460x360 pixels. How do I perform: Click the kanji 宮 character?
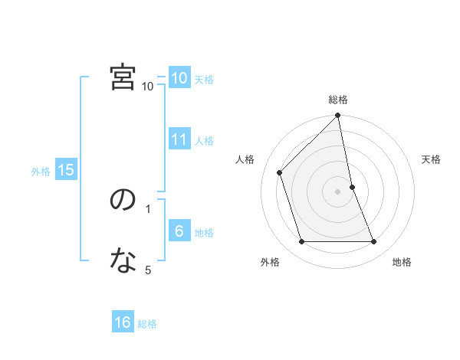(x=123, y=77)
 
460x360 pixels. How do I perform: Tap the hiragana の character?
(x=123, y=200)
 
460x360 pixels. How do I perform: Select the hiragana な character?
(x=123, y=261)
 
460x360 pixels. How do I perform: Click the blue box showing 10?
(x=179, y=78)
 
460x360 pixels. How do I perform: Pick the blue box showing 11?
(x=179, y=139)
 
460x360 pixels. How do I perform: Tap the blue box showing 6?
(x=179, y=231)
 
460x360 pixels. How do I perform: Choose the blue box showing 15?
(x=66, y=170)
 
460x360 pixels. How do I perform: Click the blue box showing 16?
(x=123, y=322)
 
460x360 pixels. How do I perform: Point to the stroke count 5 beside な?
(x=148, y=270)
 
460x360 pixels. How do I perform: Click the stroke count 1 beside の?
(x=148, y=208)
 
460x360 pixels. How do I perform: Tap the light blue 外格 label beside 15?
(x=41, y=172)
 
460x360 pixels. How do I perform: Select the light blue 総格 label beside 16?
(x=147, y=324)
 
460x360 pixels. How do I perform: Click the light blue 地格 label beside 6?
(x=204, y=233)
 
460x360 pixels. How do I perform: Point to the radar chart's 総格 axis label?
(x=338, y=100)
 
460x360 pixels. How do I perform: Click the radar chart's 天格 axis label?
(x=432, y=159)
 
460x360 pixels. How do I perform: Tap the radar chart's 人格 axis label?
(x=245, y=159)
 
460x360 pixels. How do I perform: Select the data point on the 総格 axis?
(x=338, y=116)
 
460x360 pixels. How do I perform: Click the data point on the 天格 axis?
(x=352, y=187)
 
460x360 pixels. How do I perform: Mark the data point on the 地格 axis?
(x=374, y=242)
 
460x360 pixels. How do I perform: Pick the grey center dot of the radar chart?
(x=338, y=191)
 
